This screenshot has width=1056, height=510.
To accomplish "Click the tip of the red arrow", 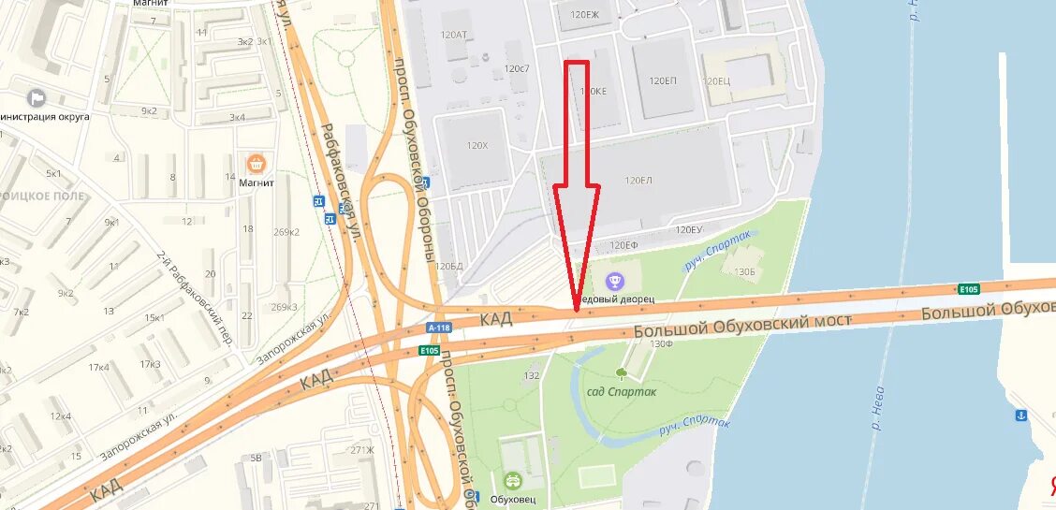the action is (x=576, y=308).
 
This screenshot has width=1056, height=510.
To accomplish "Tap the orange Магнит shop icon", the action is (x=256, y=164).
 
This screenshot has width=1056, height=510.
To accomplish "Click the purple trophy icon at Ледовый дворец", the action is (x=614, y=280).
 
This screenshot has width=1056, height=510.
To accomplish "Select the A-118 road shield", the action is (x=438, y=328).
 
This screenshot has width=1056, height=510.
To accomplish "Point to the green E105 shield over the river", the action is (x=968, y=288).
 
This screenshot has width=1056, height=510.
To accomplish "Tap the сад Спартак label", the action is (x=621, y=391).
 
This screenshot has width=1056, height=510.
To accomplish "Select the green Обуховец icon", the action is (x=512, y=480).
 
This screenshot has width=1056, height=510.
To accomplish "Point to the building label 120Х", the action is (x=477, y=145).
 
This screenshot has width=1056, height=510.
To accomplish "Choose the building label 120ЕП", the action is (x=662, y=81).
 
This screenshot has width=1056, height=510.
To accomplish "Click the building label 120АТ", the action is (x=453, y=35).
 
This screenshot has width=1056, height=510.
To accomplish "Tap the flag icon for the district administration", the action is (x=37, y=97).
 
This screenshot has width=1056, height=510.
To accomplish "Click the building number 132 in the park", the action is (x=532, y=375).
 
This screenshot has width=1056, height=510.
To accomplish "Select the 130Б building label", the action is (x=744, y=271).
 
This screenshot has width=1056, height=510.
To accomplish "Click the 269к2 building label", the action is (x=285, y=232).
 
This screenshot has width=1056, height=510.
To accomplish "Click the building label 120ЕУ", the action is (x=688, y=229).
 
